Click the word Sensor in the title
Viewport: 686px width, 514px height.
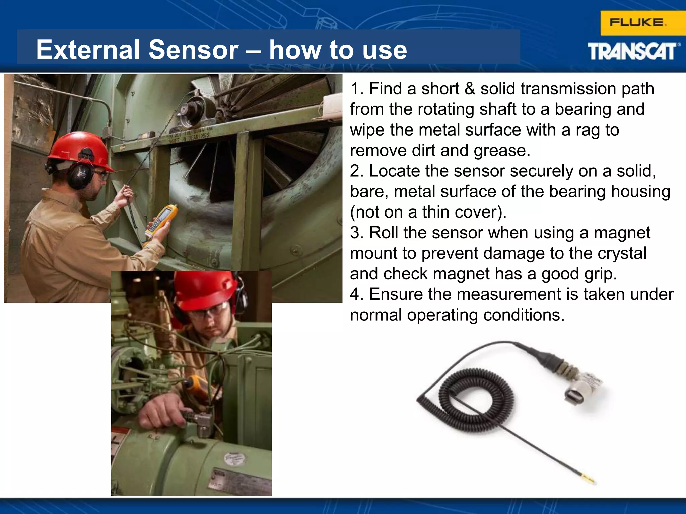[x=193, y=50]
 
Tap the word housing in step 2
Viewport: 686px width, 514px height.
[x=640, y=192]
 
